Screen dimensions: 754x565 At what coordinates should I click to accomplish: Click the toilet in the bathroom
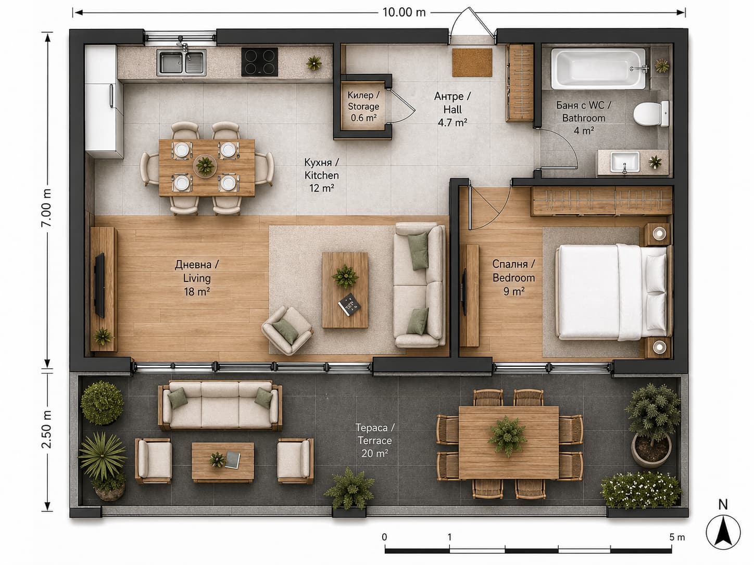click(x=651, y=113)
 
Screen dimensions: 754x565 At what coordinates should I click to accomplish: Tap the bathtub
click(x=598, y=69)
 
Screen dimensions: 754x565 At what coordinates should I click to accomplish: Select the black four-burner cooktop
click(x=259, y=62)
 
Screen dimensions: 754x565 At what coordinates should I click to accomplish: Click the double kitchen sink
click(x=181, y=62)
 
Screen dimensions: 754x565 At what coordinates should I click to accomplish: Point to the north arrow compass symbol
click(x=723, y=532)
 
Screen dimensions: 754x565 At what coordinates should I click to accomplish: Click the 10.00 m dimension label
click(x=404, y=12)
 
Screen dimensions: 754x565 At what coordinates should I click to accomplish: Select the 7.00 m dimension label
click(x=46, y=207)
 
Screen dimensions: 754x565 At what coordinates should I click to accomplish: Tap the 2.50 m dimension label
click(x=46, y=430)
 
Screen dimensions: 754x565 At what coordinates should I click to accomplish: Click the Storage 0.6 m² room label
click(x=363, y=106)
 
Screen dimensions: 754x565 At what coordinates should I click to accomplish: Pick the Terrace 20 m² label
click(x=375, y=441)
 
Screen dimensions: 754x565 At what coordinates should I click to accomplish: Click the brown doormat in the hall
click(x=472, y=62)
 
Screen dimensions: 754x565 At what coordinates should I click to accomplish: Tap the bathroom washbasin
click(x=625, y=162)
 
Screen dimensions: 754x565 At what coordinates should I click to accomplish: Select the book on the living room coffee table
click(x=349, y=304)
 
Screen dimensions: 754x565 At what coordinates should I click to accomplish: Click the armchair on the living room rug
click(x=287, y=330)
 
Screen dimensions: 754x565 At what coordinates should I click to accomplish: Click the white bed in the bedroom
click(x=613, y=291)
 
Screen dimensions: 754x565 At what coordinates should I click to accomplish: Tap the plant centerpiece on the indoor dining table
click(x=205, y=165)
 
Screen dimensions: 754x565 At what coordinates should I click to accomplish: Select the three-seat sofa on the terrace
click(x=220, y=405)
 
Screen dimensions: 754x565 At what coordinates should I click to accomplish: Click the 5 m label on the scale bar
click(x=677, y=537)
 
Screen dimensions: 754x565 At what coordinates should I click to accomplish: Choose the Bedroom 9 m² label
click(x=513, y=277)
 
